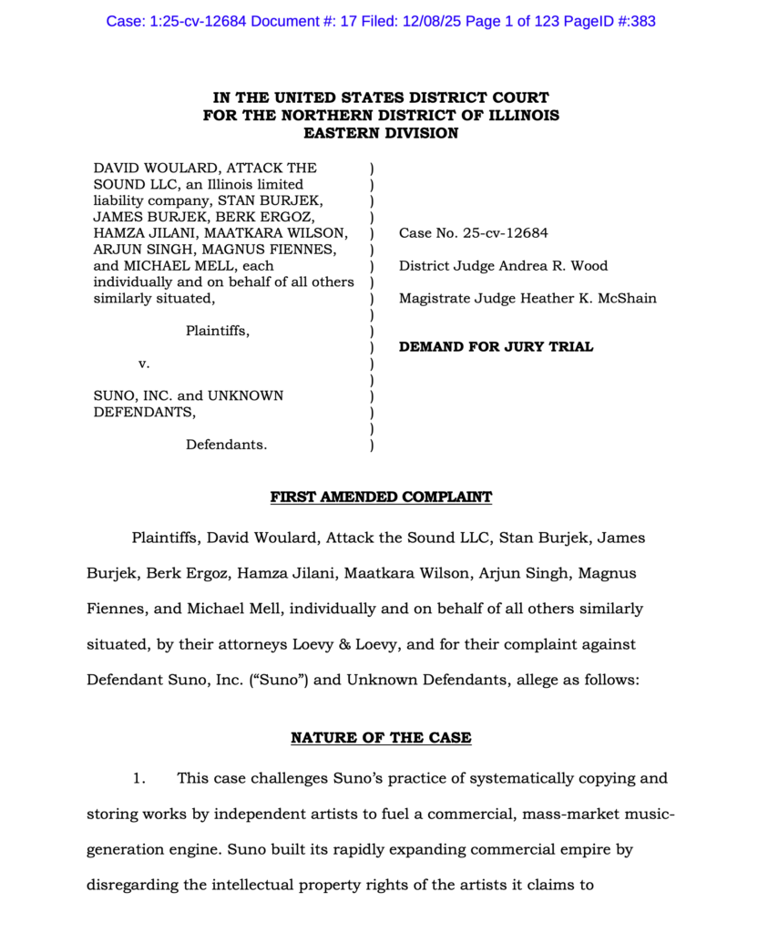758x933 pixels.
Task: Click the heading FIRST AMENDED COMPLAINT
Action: (381, 497)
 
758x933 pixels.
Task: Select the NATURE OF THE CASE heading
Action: (381, 737)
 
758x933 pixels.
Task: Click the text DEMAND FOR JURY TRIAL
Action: (496, 346)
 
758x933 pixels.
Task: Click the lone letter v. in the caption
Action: (143, 364)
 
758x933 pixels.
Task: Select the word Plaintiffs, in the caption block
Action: (218, 331)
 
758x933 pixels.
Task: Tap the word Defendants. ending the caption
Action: (227, 445)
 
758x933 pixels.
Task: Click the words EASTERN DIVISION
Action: (381, 133)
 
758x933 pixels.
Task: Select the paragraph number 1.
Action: (139, 778)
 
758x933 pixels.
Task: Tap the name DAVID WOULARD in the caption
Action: (155, 168)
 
